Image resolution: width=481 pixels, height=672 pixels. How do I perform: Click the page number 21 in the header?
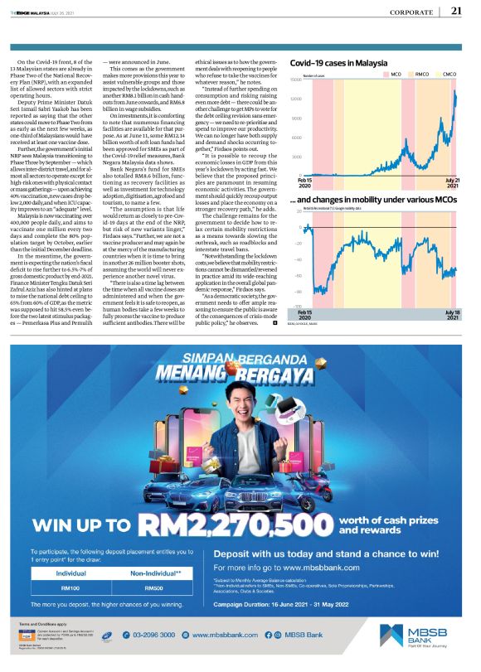pyautogui.click(x=456, y=11)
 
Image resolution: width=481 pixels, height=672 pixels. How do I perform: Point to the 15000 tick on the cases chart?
pyautogui.click(x=294, y=80)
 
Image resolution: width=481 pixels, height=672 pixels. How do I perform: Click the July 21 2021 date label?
pyautogui.click(x=452, y=183)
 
